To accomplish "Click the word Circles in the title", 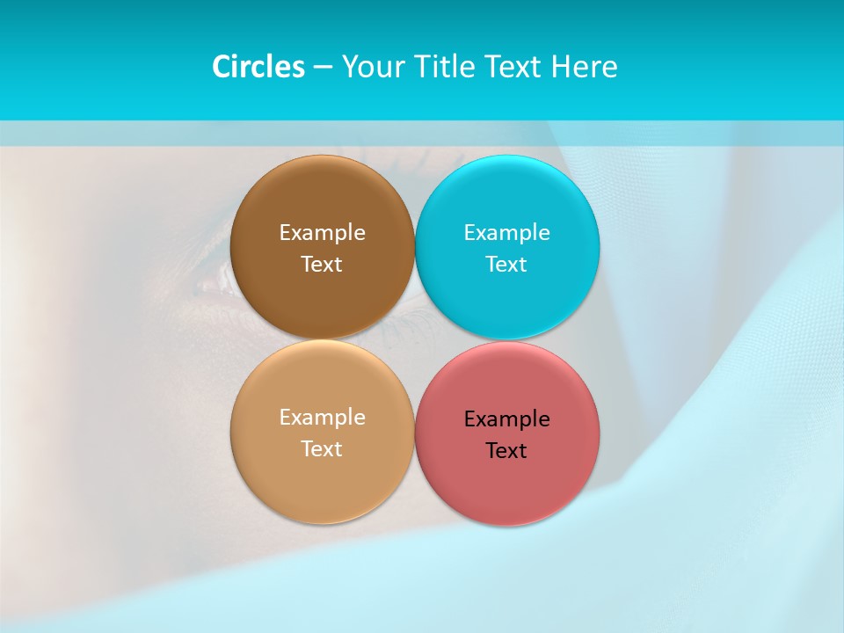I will point(258,67).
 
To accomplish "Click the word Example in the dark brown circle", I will point(322,233).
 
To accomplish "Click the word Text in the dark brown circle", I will point(322,265).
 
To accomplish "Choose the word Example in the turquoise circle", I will point(507,233).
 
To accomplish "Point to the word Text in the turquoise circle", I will point(507,265).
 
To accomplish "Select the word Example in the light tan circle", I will point(322,418).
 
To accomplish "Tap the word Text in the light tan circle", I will point(322,449).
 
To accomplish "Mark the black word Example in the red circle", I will point(507,419).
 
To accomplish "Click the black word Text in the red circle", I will point(507,451).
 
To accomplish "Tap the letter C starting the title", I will point(221,67).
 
